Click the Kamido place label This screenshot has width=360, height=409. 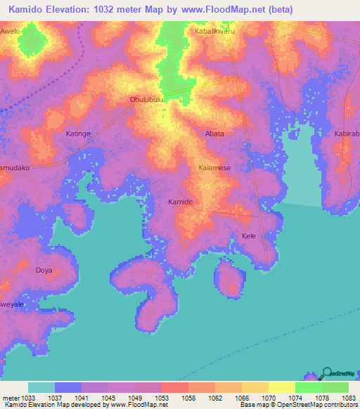coord(180,202)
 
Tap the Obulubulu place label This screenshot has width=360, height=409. coord(147,100)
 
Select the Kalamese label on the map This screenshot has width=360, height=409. coord(214,168)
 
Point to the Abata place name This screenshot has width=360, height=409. coord(214,134)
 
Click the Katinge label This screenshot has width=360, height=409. coord(78,133)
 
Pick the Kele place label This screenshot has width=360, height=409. coord(248,236)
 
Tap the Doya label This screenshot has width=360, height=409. coord(44,270)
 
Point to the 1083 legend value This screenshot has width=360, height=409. coord(340,398)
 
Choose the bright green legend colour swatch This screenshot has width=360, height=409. coord(308,387)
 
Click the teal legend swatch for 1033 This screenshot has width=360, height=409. coord(41,387)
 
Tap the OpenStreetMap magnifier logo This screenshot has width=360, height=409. coord(326,373)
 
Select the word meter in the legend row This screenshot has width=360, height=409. coord(11,398)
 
